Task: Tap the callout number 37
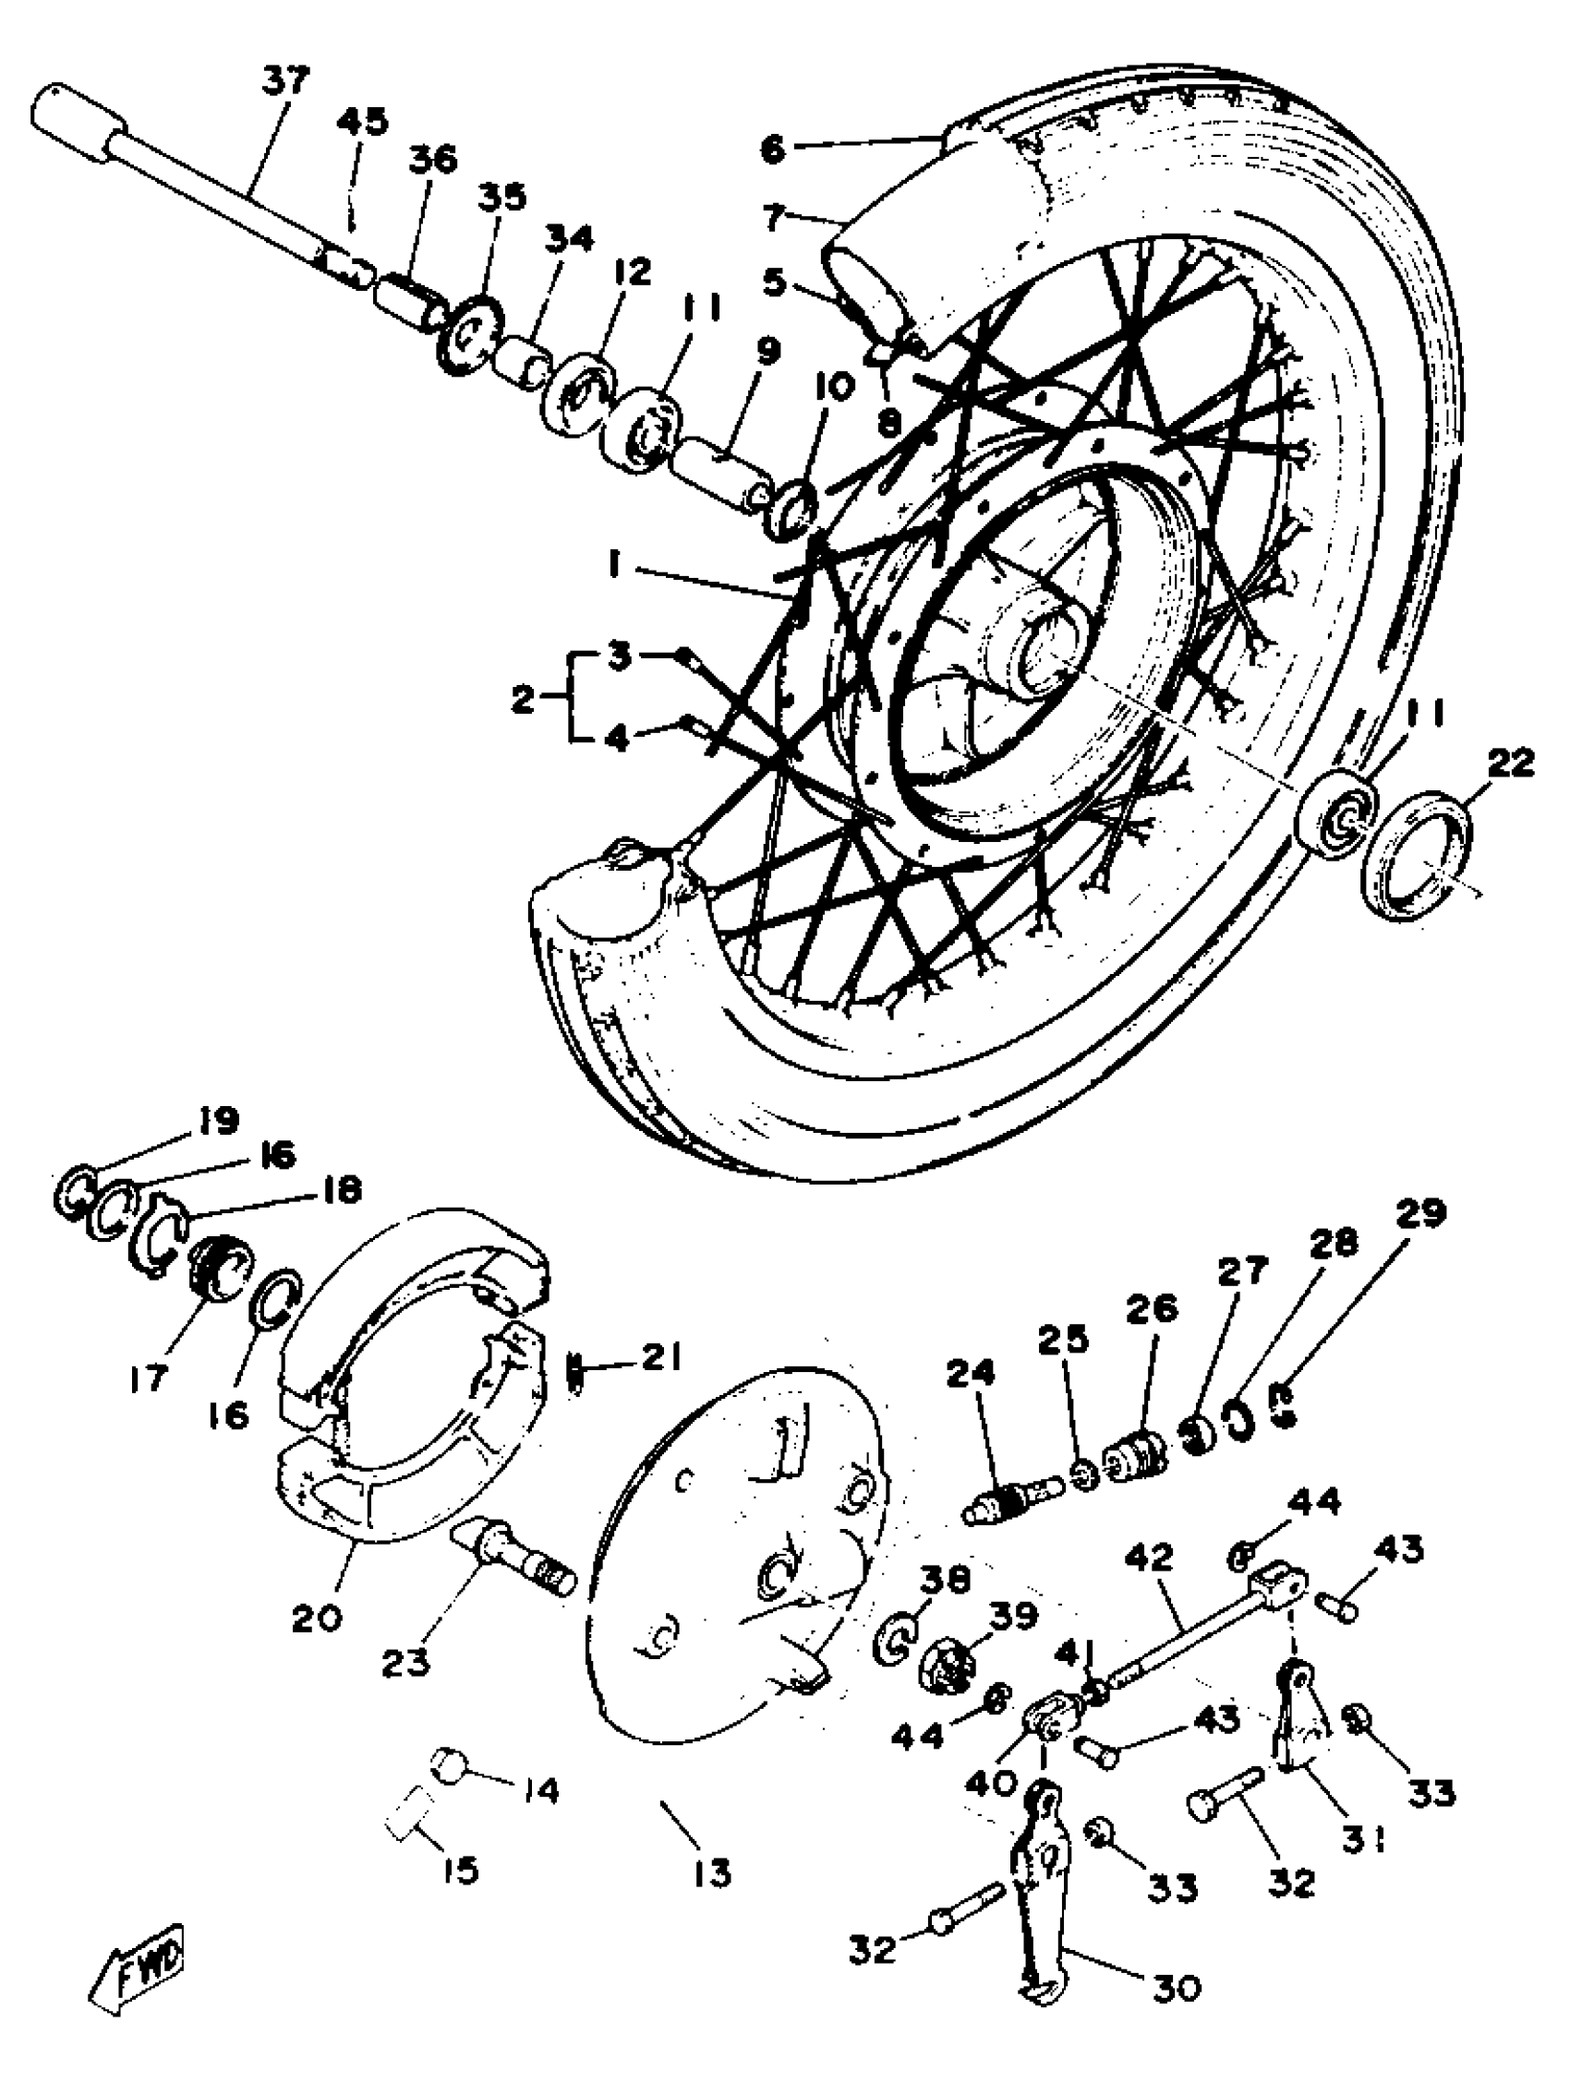point(285,82)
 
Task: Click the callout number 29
point(1420,1214)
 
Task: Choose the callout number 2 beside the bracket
point(524,698)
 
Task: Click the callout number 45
point(361,123)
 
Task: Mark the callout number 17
point(148,1378)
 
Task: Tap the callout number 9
point(768,352)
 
